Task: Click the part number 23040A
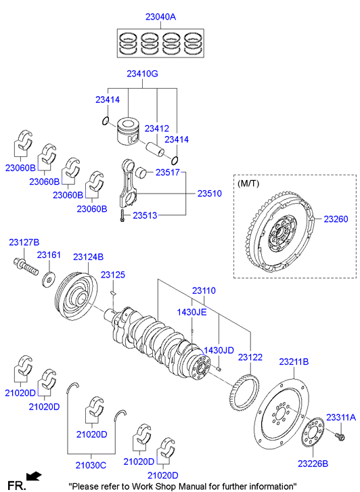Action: pyautogui.click(x=160, y=17)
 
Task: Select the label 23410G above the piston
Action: pyautogui.click(x=143, y=74)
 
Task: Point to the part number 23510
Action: pyautogui.click(x=209, y=194)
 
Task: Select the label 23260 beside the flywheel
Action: pyautogui.click(x=336, y=219)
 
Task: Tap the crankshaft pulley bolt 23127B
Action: pyautogui.click(x=26, y=267)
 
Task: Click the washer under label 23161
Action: pyautogui.click(x=49, y=278)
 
